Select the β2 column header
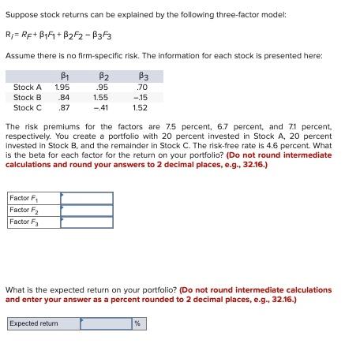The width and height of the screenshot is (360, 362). point(102,75)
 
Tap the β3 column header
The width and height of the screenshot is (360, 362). point(141,75)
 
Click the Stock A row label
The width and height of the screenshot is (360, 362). point(28,87)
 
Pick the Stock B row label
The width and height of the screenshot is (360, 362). point(28,97)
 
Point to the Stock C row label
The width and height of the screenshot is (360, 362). point(28,107)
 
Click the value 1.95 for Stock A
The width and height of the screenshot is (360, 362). point(62,87)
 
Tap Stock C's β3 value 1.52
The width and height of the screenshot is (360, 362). point(140,107)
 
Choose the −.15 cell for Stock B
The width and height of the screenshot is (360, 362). point(141,97)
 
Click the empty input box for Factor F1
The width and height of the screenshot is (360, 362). point(86,198)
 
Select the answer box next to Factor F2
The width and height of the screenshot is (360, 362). point(86,210)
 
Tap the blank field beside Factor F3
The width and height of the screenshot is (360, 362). point(86,222)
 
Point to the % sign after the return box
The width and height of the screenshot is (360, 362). point(137,323)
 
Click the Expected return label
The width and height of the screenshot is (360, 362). point(34,323)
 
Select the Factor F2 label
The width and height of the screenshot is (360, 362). point(24,210)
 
